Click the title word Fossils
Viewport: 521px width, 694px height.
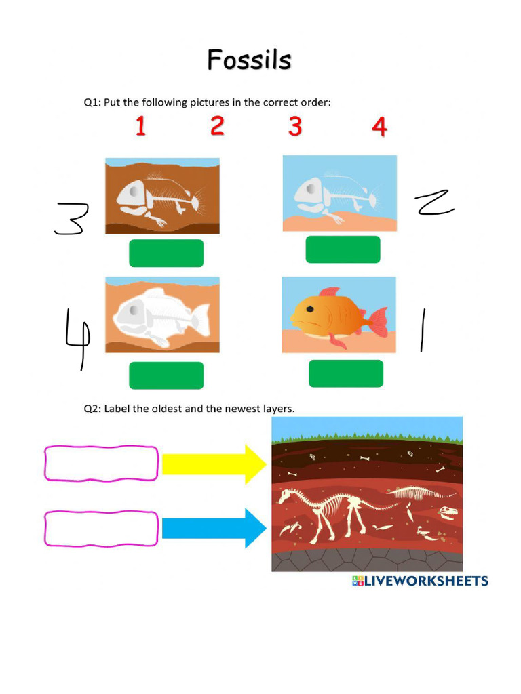[249, 60]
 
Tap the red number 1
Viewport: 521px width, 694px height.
[140, 126]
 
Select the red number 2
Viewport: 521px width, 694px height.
[217, 126]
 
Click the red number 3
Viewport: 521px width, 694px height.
[294, 126]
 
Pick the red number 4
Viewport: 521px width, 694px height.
[379, 126]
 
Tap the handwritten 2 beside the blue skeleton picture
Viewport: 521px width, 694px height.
[434, 203]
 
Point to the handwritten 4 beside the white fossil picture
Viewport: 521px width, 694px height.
[77, 336]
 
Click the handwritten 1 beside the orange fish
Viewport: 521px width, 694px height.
[423, 330]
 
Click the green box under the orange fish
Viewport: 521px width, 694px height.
[345, 373]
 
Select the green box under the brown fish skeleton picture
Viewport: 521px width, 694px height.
[166, 253]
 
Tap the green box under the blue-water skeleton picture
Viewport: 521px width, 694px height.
[343, 249]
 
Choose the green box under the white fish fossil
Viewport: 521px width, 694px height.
[166, 375]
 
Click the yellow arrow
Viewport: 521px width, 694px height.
[214, 464]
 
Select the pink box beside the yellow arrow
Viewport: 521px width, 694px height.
[102, 464]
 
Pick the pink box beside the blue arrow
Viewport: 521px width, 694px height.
[102, 529]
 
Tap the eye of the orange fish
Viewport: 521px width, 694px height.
[309, 308]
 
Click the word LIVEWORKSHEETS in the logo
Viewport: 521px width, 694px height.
[426, 581]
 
